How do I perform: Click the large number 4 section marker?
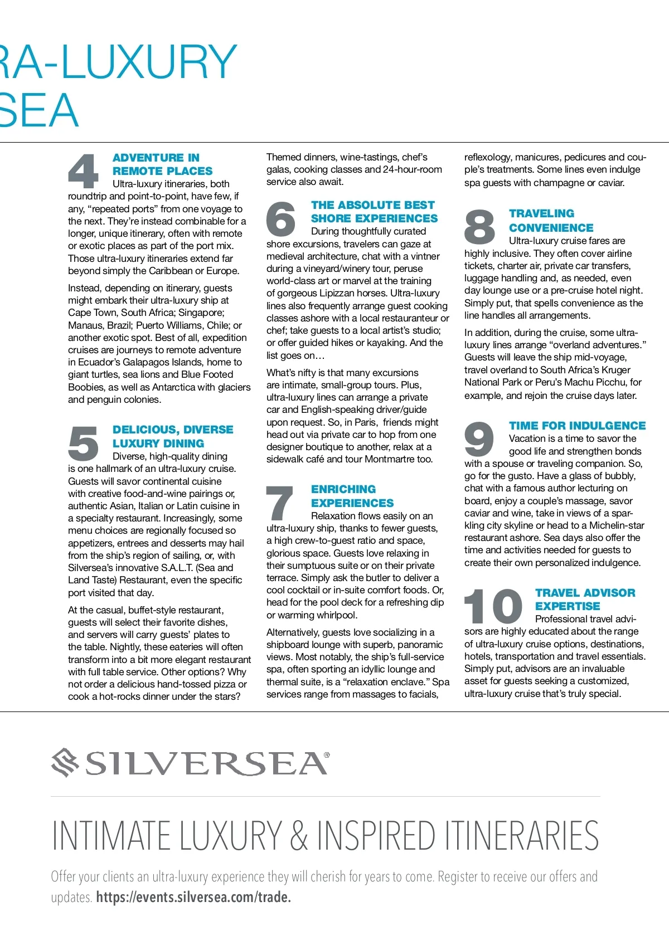pos(83,171)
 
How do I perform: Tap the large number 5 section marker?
pos(83,443)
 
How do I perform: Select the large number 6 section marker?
pos(281,218)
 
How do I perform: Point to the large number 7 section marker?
pos(280,503)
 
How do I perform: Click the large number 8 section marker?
pos(479,227)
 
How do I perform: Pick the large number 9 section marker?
pos(479,438)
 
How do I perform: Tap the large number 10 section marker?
pos(493,606)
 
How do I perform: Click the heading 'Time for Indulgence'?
pos(577,426)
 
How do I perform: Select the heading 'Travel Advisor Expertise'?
pos(585,599)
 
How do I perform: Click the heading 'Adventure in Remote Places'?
pos(162,164)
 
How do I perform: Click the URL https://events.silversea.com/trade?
pos(193,897)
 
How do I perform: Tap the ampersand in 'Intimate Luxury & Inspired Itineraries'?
pos(299,835)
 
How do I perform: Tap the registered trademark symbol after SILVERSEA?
pos(327,755)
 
